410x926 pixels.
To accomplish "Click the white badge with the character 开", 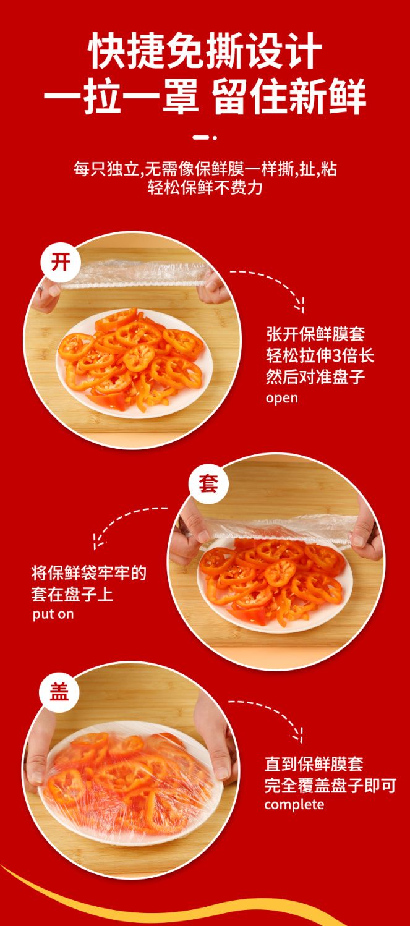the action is click(61, 263).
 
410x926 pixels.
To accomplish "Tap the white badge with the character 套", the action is click(208, 483).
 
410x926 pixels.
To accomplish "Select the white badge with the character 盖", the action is click(59, 692).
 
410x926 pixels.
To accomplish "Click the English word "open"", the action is click(282, 398).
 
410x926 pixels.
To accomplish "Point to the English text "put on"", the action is click(53, 614).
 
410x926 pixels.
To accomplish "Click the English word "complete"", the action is click(294, 804).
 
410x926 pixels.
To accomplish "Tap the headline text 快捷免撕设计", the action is click(206, 51).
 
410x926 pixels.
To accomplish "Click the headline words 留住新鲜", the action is click(289, 98).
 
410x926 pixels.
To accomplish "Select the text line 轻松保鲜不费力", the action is click(205, 188).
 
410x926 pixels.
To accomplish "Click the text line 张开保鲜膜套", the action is click(315, 334).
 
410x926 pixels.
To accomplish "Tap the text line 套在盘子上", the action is click(72, 595).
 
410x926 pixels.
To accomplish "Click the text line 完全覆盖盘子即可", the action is click(330, 785).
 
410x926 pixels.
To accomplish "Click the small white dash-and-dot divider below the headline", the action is click(205, 138).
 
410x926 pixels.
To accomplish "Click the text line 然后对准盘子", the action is click(315, 377).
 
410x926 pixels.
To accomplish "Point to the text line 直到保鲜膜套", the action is click(314, 764).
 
